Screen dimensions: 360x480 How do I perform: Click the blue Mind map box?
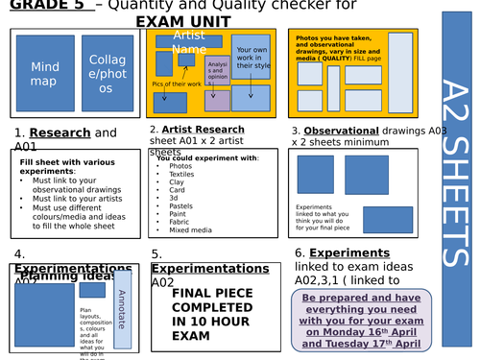point(45,75)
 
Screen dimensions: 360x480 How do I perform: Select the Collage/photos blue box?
point(107,75)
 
